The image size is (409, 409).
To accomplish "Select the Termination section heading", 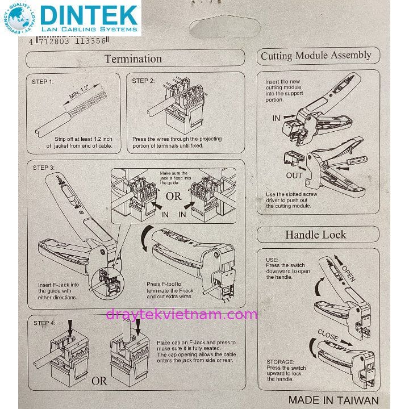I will click(x=133, y=59).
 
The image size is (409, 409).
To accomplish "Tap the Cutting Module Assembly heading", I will click(x=316, y=56).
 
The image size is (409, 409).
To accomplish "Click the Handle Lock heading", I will click(x=316, y=235).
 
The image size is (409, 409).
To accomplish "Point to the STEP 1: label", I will click(x=43, y=82).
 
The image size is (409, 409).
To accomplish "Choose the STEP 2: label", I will click(x=143, y=81).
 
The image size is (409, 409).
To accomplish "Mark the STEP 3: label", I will click(x=44, y=168).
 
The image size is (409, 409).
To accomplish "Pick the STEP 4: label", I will click(x=44, y=323).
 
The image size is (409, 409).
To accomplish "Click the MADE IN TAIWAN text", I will click(x=333, y=399).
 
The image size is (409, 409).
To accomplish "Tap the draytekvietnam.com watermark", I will click(x=181, y=314).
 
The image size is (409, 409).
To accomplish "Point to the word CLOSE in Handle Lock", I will click(x=328, y=335).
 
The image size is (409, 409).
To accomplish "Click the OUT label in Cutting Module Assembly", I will click(x=294, y=176).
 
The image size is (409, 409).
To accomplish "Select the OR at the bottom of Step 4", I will click(x=99, y=381).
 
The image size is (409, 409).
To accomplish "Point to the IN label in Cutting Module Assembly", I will click(x=277, y=118).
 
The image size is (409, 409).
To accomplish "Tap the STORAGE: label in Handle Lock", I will click(x=280, y=361).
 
